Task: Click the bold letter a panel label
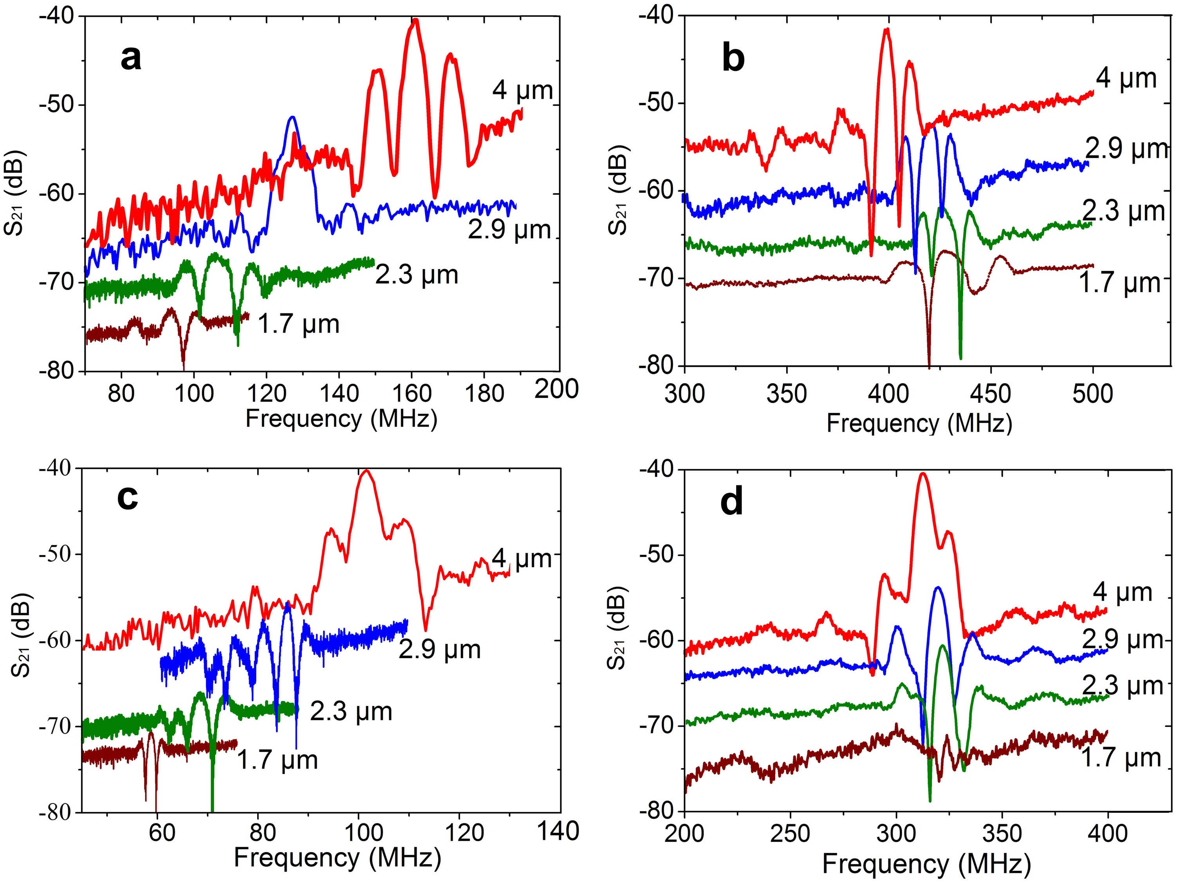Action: [x=131, y=58]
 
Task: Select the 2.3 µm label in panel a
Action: [x=417, y=275]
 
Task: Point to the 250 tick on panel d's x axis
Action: [x=790, y=833]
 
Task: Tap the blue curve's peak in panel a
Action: [x=292, y=117]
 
